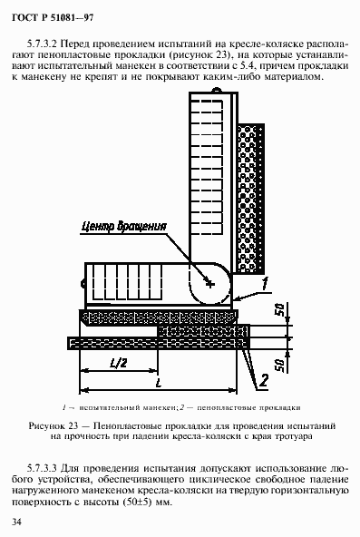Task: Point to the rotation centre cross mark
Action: [x=210, y=284]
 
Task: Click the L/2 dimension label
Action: [x=116, y=362]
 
